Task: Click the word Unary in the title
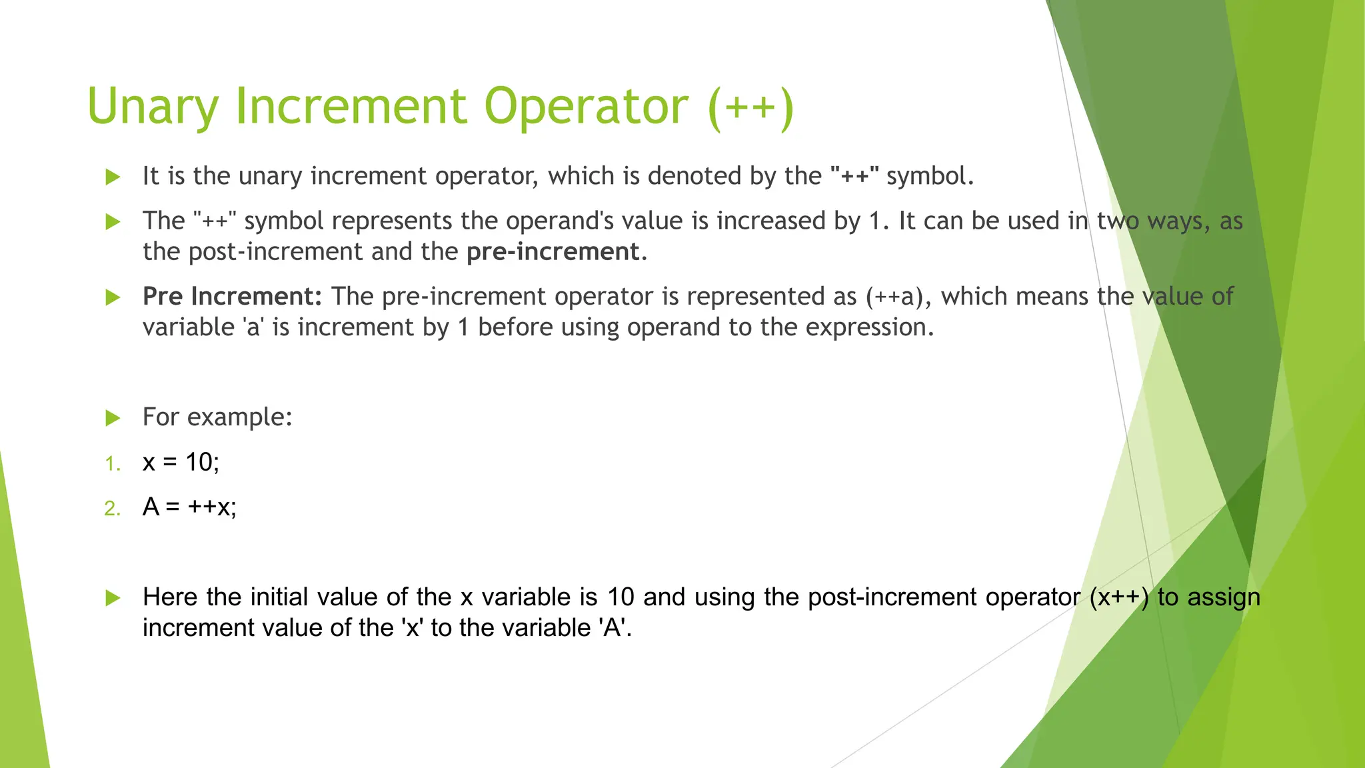(x=153, y=107)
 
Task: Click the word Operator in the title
(x=586, y=107)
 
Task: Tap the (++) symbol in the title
(x=751, y=107)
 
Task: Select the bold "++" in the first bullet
(x=855, y=176)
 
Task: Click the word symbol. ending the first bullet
(x=930, y=176)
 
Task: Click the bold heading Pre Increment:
(x=232, y=297)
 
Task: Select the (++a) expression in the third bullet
(x=898, y=297)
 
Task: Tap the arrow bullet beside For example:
(x=113, y=418)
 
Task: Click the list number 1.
(x=113, y=464)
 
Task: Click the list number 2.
(x=113, y=509)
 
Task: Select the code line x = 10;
(x=181, y=462)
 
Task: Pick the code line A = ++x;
(x=189, y=507)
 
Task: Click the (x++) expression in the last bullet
(x=1119, y=597)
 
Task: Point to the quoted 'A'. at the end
(x=617, y=628)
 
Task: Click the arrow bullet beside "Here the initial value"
(x=113, y=598)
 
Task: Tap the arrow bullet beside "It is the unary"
(x=113, y=177)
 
